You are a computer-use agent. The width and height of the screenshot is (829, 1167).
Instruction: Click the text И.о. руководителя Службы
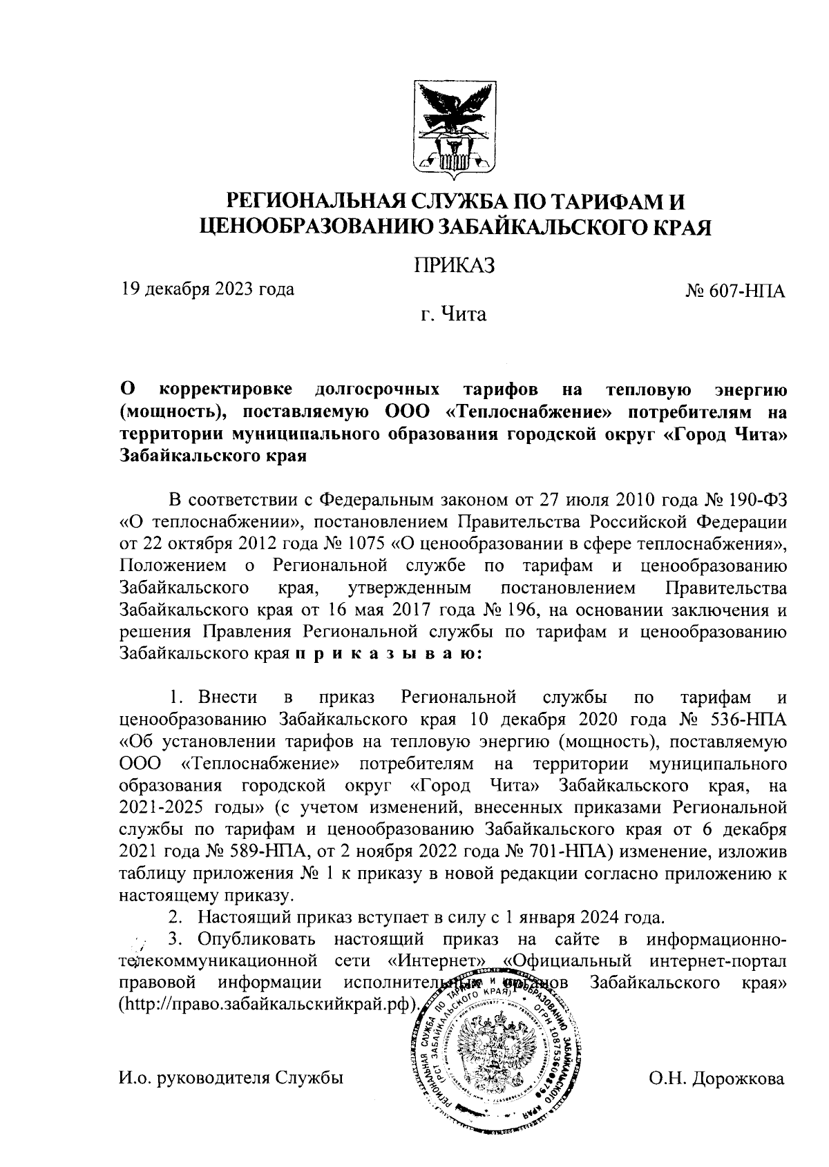[231, 1079]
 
